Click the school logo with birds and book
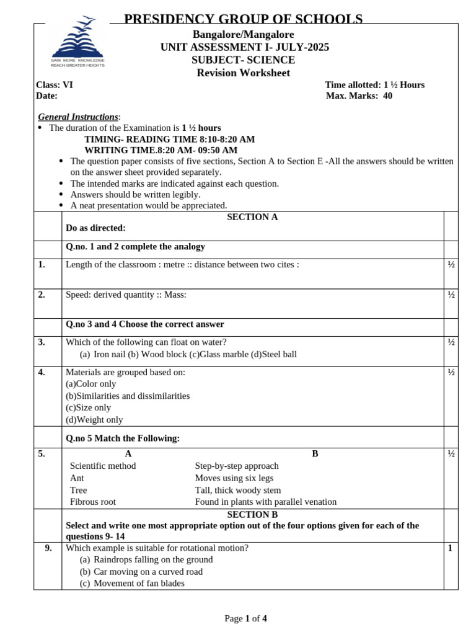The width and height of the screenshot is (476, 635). (x=77, y=42)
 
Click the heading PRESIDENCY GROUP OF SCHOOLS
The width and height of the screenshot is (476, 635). (x=243, y=19)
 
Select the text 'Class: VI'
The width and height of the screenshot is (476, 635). (x=55, y=85)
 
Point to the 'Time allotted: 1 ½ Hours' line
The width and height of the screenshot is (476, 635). (x=374, y=85)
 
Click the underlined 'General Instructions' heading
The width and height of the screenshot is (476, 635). (x=78, y=117)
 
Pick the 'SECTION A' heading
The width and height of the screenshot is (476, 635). (x=252, y=217)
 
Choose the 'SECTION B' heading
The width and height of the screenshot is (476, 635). (x=252, y=515)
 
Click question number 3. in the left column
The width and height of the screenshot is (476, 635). (x=42, y=342)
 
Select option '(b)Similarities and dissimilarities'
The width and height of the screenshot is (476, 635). (x=128, y=396)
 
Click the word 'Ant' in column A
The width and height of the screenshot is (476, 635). (x=77, y=478)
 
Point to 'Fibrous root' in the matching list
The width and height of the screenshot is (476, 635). (x=93, y=502)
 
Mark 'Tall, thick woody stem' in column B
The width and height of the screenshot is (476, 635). (x=237, y=490)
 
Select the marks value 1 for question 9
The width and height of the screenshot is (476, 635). (x=450, y=548)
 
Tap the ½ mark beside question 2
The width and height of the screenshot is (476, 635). (x=451, y=295)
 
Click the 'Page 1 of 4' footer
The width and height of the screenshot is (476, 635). (x=245, y=618)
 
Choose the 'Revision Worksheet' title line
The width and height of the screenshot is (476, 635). (x=243, y=73)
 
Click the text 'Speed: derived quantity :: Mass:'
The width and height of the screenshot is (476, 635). (x=126, y=295)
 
